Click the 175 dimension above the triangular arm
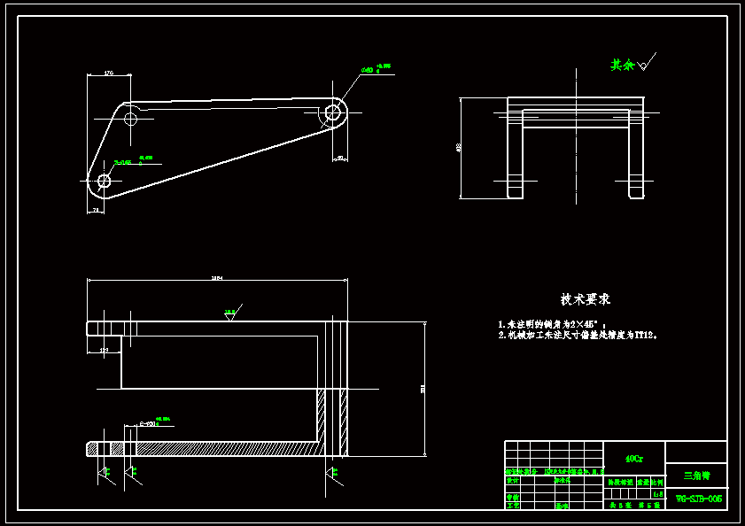108,73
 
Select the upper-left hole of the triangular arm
131,118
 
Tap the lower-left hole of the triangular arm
104,181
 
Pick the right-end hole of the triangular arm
333,112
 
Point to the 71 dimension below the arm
96,210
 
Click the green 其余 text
623,65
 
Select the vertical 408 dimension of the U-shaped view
459,147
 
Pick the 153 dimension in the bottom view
104,351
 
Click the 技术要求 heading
585,299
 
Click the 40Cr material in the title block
634,459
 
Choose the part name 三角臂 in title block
696,476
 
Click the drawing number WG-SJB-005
699,499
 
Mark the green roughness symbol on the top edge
230,313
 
